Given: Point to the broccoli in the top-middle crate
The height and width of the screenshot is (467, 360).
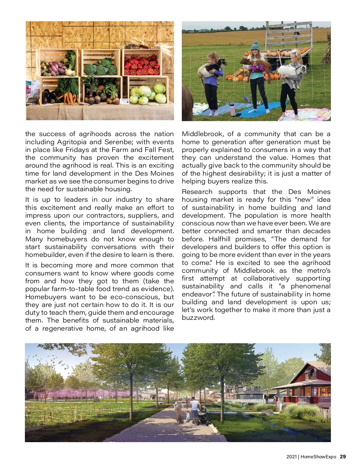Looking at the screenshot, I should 100,67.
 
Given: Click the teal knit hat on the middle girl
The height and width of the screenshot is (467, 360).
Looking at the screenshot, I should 255,46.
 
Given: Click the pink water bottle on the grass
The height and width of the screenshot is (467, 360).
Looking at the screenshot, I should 232,110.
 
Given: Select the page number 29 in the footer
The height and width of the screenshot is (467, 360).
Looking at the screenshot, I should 343,457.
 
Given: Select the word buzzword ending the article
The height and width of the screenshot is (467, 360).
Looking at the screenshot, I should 198,318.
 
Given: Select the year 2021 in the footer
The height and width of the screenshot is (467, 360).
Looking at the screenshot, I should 291,457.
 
